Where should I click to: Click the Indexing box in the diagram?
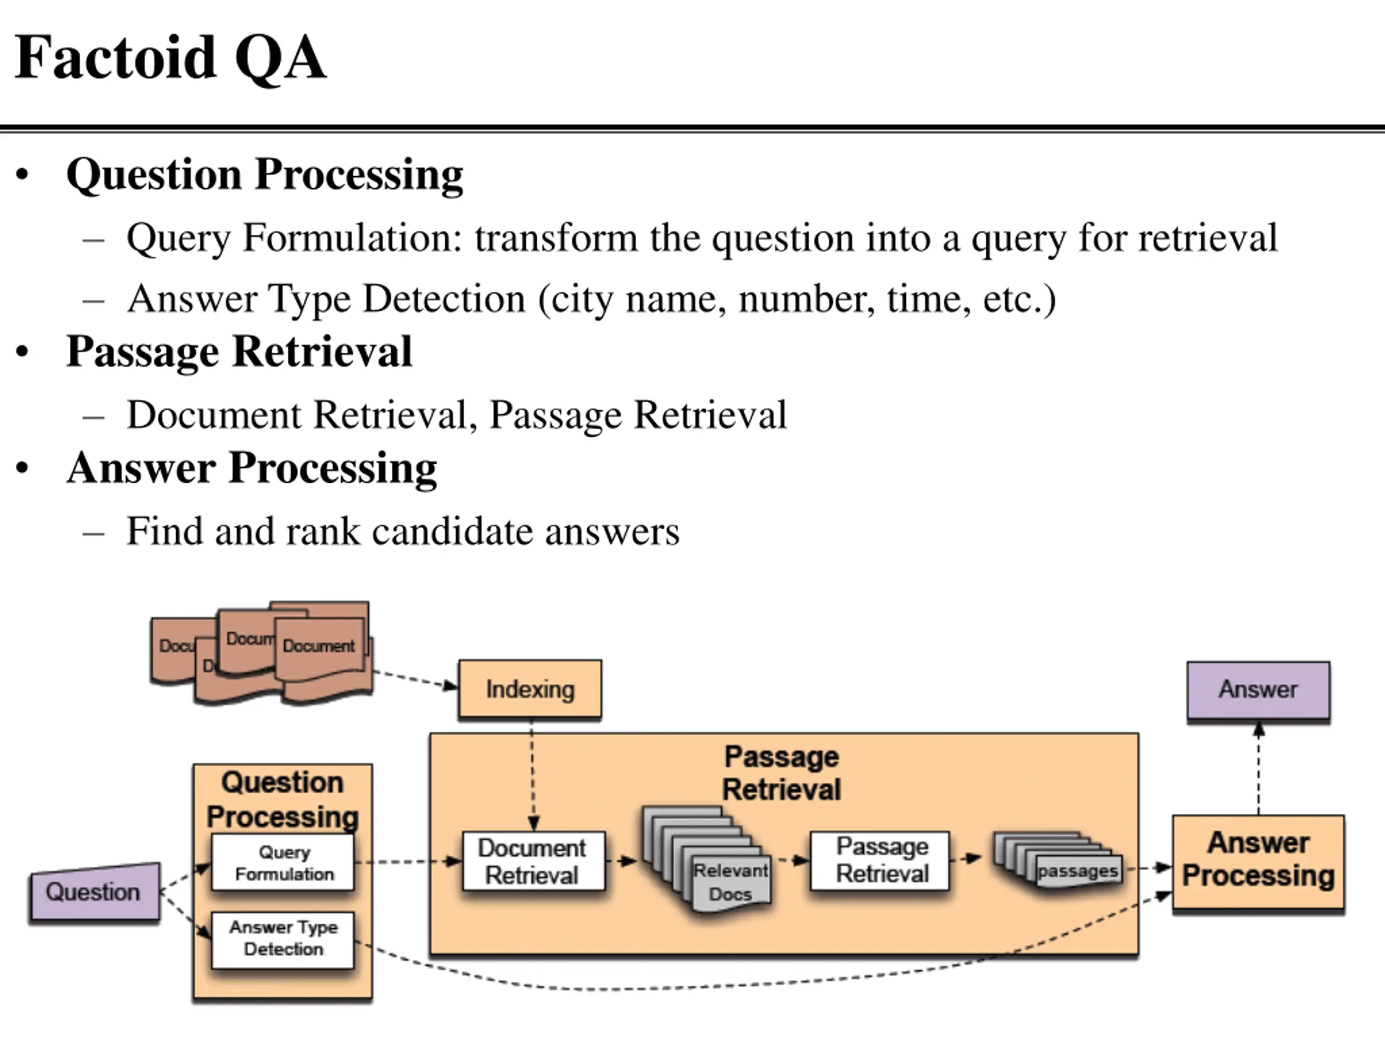point(530,689)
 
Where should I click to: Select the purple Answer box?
point(1258,689)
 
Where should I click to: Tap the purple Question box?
point(95,892)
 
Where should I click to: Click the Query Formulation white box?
point(283,863)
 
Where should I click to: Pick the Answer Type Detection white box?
point(283,938)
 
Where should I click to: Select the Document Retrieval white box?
point(533,861)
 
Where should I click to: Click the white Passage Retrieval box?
point(880,860)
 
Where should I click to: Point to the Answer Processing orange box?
point(1258,859)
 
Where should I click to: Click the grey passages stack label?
point(1077,871)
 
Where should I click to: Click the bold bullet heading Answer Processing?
point(252,468)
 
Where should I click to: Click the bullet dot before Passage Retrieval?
point(23,352)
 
